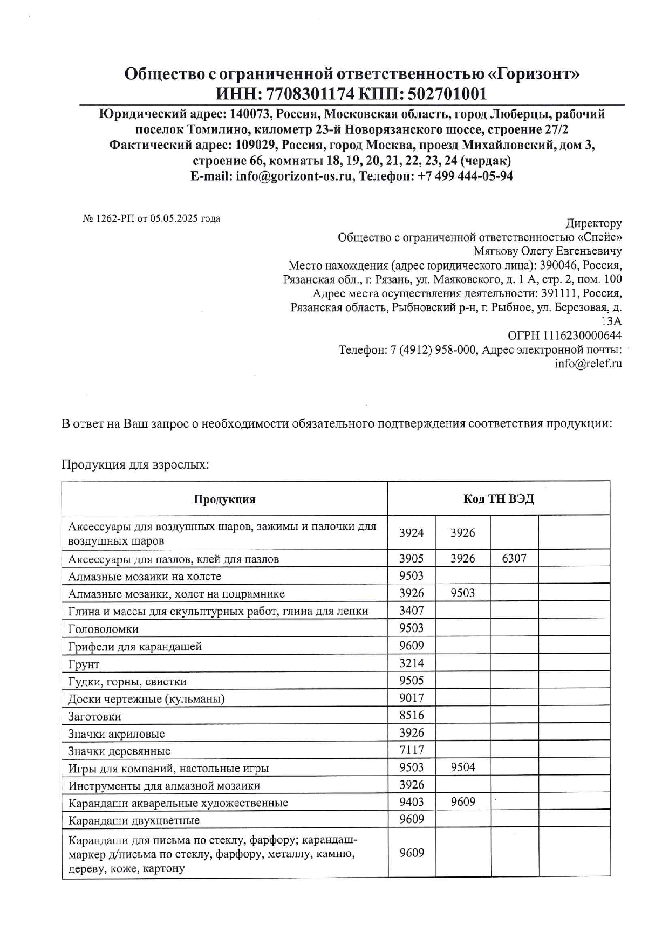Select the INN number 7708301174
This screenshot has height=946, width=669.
tap(310, 94)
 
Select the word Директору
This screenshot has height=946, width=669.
tap(593, 223)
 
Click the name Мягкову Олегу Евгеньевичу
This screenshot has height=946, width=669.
tap(547, 251)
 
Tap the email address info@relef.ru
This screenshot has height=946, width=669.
tap(588, 364)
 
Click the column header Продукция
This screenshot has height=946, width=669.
tap(224, 499)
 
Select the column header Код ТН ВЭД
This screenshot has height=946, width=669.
tap(499, 499)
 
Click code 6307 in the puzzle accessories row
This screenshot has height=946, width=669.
tap(514, 559)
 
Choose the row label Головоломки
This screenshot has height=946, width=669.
tap(103, 629)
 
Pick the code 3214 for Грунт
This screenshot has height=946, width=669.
tap(411, 663)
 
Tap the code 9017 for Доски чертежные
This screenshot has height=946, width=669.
tap(411, 698)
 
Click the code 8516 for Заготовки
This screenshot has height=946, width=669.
tap(411, 716)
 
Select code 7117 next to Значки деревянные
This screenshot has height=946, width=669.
tap(411, 750)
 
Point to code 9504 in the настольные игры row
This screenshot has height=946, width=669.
tap(462, 767)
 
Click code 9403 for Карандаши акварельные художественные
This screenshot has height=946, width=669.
tap(411, 802)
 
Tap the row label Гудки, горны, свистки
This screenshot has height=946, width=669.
tap(127, 682)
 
